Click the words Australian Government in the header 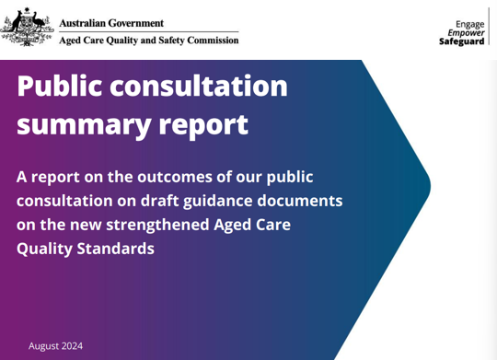tap(111, 22)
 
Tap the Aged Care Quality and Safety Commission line tap(148, 41)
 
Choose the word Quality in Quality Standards tap(46, 248)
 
